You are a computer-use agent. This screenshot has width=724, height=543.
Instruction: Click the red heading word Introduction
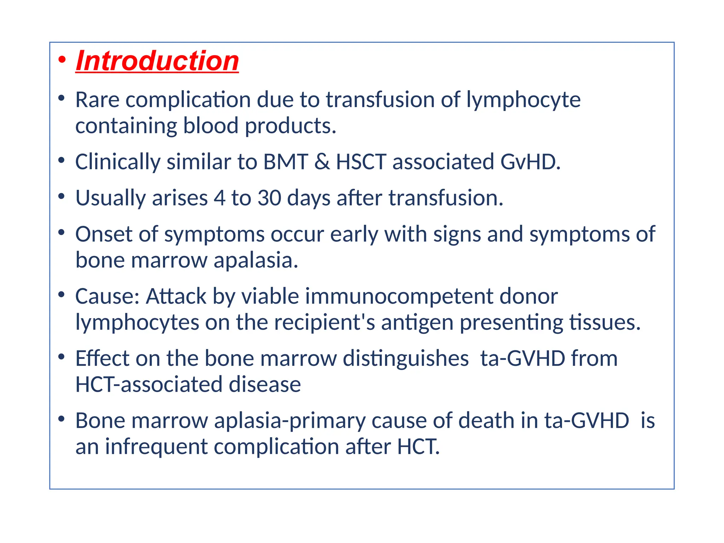(157, 61)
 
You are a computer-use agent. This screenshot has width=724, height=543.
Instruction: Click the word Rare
(97, 100)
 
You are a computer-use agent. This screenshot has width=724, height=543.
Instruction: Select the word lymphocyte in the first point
(523, 100)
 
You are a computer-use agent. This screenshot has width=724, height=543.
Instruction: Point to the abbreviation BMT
(286, 162)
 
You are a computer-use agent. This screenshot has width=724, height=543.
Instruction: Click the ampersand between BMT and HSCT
(322, 162)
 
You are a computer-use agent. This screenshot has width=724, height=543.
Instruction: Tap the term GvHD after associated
(530, 162)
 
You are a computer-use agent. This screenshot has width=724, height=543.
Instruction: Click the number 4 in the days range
(220, 198)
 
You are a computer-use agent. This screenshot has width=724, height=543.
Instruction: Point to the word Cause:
(107, 296)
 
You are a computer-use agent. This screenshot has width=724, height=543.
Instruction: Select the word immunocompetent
(399, 296)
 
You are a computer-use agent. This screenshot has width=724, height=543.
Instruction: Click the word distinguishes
(405, 358)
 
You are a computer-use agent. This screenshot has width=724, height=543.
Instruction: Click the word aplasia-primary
(290, 421)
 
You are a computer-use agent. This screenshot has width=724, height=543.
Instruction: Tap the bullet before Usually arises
(62, 196)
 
